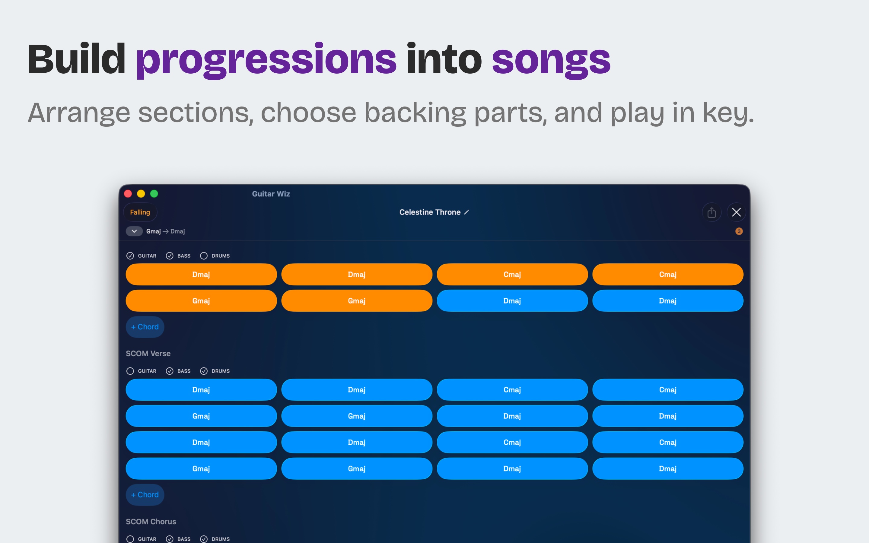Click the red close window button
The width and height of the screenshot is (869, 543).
(x=128, y=194)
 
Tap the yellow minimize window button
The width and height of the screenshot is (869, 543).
(x=141, y=194)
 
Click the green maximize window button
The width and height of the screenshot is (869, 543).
(x=154, y=194)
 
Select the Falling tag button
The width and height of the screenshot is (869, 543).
(x=140, y=212)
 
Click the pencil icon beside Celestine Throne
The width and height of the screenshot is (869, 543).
(x=466, y=212)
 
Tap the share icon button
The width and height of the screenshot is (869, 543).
(x=712, y=212)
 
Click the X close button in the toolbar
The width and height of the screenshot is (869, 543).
(x=736, y=212)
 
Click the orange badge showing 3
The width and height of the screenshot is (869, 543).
(x=739, y=231)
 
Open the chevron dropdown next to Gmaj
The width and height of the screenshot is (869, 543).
(x=134, y=231)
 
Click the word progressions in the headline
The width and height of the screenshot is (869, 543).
(x=266, y=60)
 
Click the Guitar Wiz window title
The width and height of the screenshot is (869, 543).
(x=271, y=194)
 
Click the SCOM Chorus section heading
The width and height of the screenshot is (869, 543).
(x=151, y=522)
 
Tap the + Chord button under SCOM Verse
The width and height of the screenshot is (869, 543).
(x=145, y=494)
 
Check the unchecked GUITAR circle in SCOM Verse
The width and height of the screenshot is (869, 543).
(x=130, y=371)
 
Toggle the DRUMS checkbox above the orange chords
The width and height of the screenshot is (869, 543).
(x=204, y=256)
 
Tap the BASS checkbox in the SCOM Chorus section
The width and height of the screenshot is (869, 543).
(x=170, y=539)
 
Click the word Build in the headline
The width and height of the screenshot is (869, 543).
(x=76, y=59)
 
